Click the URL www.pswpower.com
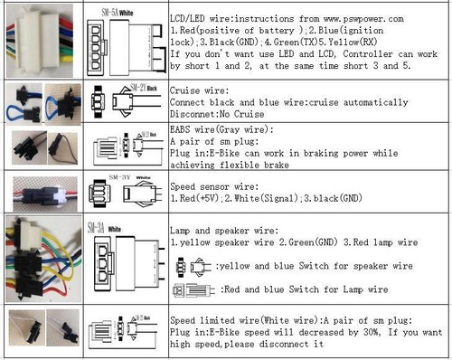(x=356, y=18)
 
